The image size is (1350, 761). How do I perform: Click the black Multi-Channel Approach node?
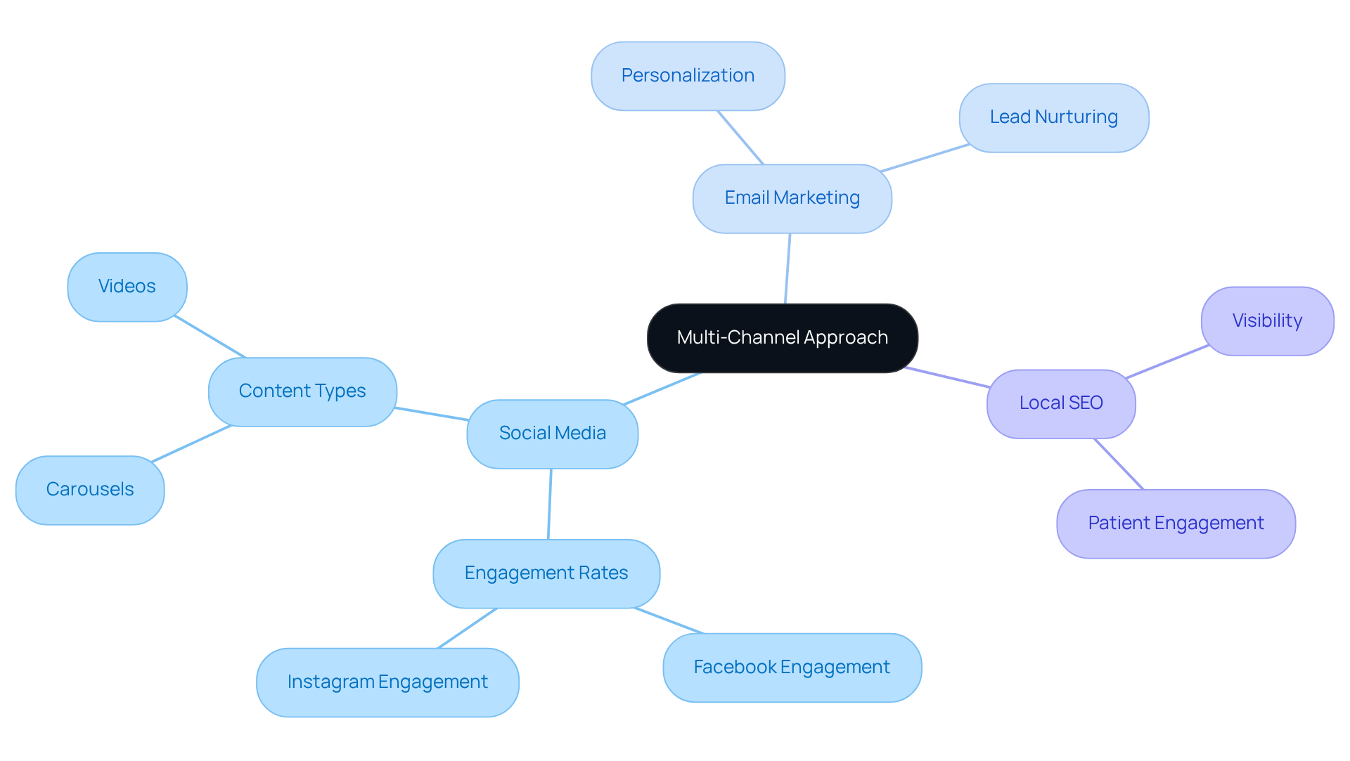click(x=782, y=338)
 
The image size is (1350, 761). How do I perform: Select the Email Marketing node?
click(x=792, y=199)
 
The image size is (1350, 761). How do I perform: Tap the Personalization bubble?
click(x=688, y=76)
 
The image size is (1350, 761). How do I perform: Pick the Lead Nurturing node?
click(x=1053, y=117)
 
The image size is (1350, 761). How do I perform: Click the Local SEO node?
click(x=1060, y=404)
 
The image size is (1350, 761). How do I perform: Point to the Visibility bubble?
click(x=1267, y=321)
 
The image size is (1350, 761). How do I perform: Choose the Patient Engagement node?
click(x=1176, y=523)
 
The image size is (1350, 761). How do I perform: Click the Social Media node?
click(x=552, y=434)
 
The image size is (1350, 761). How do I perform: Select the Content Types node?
click(x=302, y=391)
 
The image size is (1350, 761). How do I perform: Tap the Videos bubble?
click(x=127, y=287)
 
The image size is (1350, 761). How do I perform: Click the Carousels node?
click(x=90, y=490)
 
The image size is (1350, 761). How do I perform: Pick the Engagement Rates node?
click(x=546, y=573)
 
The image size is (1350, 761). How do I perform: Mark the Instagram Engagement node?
click(x=387, y=682)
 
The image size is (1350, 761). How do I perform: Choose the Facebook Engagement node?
click(x=792, y=668)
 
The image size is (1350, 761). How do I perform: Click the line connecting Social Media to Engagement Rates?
click(x=550, y=504)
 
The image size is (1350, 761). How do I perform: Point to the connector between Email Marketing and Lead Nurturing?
click(x=925, y=158)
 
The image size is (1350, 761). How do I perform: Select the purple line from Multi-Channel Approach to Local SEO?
click(x=947, y=377)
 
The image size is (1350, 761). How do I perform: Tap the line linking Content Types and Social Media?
click(x=432, y=414)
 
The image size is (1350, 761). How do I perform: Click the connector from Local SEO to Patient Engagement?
click(x=1119, y=464)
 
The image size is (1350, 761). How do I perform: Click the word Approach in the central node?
click(x=846, y=338)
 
